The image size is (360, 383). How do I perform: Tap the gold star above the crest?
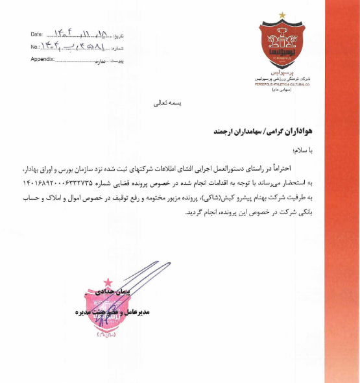point(282,14)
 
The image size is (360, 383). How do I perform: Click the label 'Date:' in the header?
point(38,34)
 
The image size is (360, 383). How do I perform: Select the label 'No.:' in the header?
point(36,47)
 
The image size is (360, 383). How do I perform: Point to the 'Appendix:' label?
point(42,59)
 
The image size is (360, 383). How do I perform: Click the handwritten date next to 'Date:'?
point(82,32)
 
